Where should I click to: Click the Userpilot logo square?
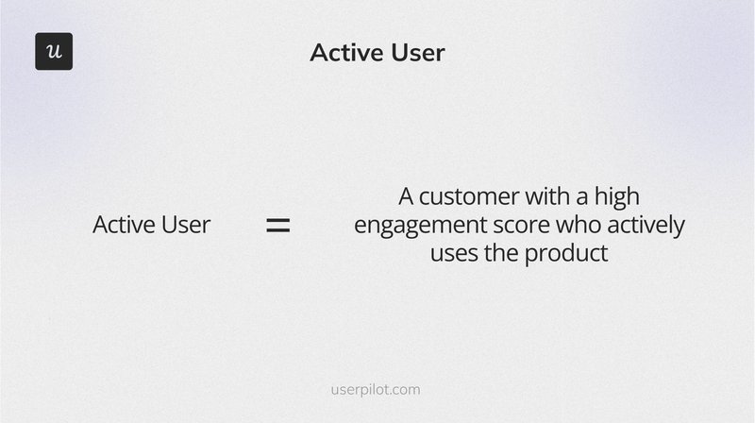pos(54,51)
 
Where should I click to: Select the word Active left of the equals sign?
pos(123,225)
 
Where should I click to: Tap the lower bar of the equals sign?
pos(277,230)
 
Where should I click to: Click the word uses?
pos(456,254)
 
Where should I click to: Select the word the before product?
pos(507,254)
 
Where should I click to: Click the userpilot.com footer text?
pos(377,389)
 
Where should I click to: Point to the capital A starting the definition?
pos(407,196)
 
